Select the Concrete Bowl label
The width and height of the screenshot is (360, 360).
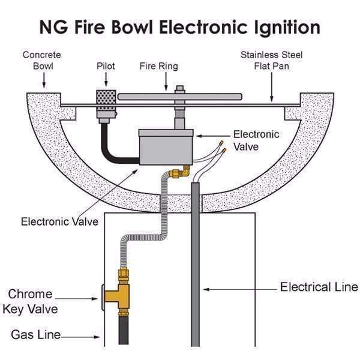click(41, 61)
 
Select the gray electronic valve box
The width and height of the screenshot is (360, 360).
click(166, 146)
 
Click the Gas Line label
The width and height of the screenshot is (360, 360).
click(35, 335)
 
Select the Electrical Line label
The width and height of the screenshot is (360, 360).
click(319, 287)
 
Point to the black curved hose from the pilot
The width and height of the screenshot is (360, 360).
click(112, 150)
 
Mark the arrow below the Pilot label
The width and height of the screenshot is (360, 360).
click(107, 80)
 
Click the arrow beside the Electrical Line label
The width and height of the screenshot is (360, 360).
click(240, 289)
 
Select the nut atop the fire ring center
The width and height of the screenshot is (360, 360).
click(178, 91)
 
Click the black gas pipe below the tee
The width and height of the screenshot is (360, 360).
click(124, 336)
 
